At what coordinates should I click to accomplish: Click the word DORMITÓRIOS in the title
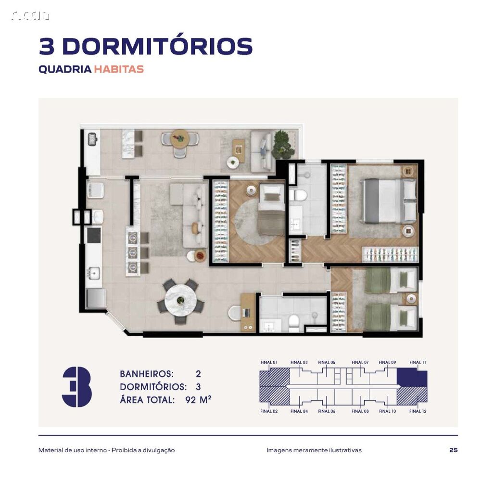click(157, 46)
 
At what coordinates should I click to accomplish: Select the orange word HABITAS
click(119, 69)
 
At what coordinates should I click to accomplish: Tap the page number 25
click(453, 450)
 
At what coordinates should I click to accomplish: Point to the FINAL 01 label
click(268, 362)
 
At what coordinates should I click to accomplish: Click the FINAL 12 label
click(418, 411)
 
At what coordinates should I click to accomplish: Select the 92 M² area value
click(198, 399)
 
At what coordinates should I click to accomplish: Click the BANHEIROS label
click(146, 374)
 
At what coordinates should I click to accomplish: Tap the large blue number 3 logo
click(77, 387)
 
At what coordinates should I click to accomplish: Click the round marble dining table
click(180, 300)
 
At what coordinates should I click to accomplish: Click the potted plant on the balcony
click(283, 145)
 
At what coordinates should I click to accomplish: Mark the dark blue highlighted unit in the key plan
click(411, 378)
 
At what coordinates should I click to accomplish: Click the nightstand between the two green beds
click(411, 299)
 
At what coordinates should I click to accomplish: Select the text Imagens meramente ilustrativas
click(314, 450)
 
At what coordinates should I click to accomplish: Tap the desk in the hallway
click(248, 312)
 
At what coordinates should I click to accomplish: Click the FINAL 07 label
click(360, 362)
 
